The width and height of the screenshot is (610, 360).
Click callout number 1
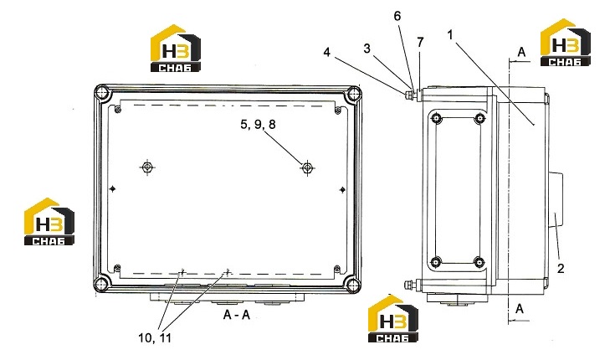[450, 35]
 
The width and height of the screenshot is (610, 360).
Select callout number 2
[561, 268]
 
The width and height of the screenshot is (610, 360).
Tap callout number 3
[367, 49]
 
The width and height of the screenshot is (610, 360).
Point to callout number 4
[327, 52]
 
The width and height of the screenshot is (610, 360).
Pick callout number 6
[397, 16]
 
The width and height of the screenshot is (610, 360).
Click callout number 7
[420, 43]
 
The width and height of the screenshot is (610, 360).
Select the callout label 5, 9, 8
[258, 124]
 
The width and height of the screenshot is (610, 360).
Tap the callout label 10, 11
[155, 337]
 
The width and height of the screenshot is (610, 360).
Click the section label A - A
[237, 315]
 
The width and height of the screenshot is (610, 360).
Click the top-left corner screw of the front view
[103, 93]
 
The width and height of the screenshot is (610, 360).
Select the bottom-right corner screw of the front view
[353, 284]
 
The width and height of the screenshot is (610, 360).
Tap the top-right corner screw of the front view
[354, 94]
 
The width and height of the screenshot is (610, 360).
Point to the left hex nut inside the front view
[147, 167]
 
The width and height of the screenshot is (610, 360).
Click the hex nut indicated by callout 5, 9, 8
[307, 167]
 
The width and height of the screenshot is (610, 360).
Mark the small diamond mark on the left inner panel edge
[112, 188]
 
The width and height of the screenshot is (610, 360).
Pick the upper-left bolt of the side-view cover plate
[437, 118]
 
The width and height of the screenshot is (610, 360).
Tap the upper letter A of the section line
[521, 52]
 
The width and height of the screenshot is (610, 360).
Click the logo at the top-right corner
[566, 42]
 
